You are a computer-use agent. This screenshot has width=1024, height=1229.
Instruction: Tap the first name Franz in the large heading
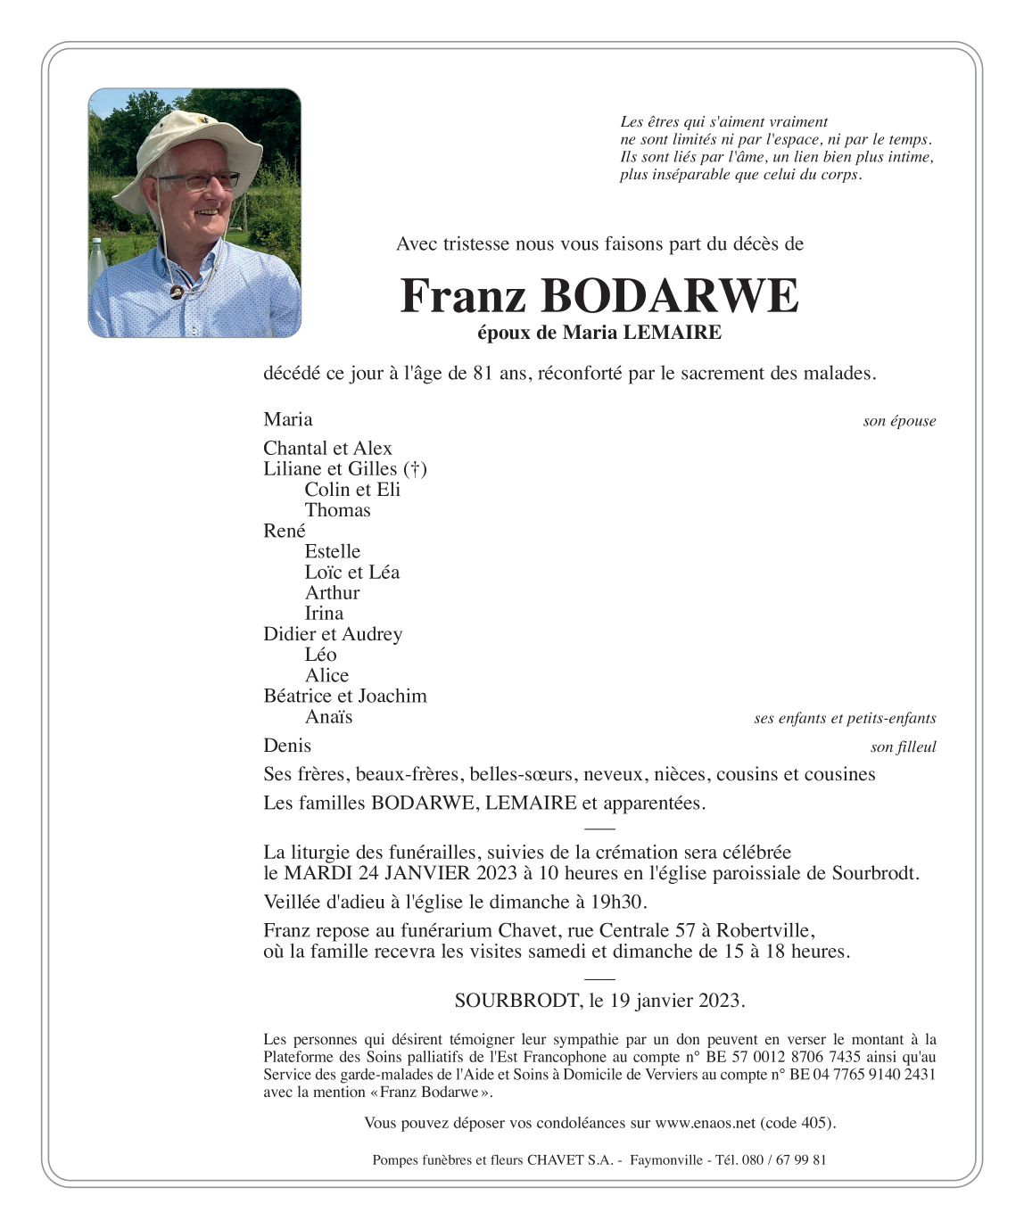[463, 296]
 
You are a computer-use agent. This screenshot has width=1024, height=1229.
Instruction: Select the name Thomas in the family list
[337, 510]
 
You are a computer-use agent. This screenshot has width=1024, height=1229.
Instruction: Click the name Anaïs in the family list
[328, 717]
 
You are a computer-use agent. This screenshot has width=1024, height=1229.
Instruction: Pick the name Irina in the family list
[324, 614]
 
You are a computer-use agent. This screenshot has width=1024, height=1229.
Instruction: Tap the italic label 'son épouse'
[899, 421]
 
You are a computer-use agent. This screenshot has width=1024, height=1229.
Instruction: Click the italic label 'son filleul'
[903, 747]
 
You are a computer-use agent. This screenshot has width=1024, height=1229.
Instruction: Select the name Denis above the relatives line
[287, 746]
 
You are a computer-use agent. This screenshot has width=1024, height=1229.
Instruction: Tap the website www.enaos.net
[705, 1123]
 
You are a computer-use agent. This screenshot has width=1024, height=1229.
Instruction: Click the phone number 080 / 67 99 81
[784, 1160]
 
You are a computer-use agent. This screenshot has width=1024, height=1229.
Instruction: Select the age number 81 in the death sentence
[483, 374]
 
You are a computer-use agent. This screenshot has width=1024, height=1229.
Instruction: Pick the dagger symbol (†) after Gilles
[415, 469]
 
